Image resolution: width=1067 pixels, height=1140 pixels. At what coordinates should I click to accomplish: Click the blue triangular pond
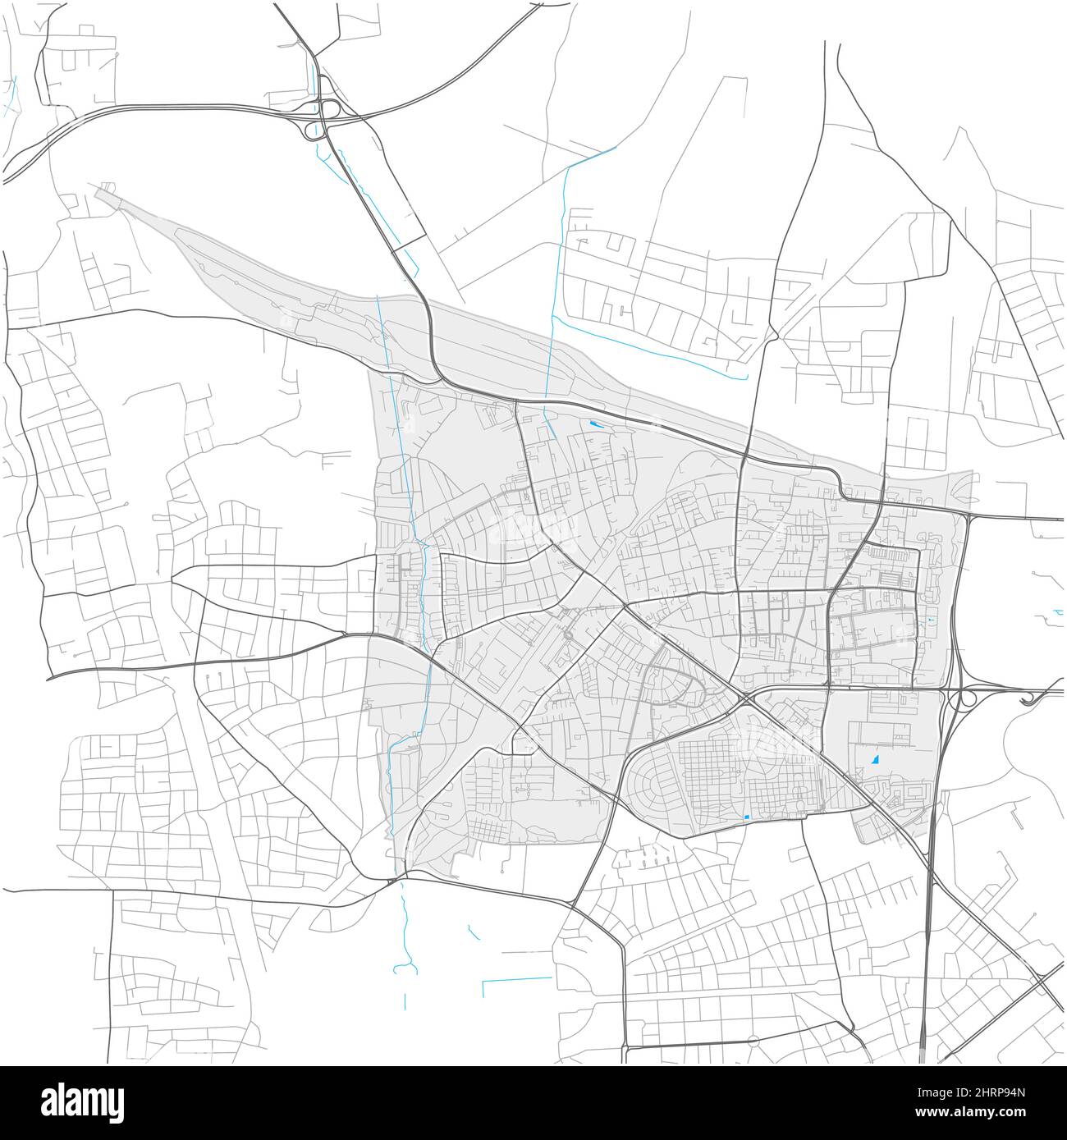tap(875, 760)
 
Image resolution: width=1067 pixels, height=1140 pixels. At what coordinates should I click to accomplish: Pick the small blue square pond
tap(747, 817)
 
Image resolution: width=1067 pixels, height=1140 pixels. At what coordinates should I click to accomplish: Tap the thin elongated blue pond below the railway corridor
tap(594, 424)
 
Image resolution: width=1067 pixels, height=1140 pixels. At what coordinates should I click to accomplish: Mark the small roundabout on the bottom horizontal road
tap(751, 1041)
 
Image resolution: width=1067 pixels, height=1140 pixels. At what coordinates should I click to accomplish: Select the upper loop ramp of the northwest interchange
tap(332, 109)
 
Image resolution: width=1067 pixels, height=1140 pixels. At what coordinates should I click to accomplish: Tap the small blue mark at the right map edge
tap(1058, 612)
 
